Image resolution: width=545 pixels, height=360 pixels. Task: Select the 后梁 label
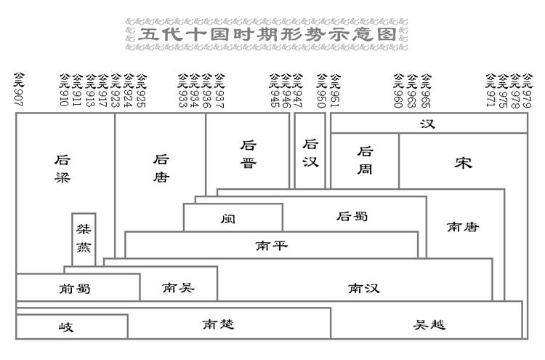pos(63,169)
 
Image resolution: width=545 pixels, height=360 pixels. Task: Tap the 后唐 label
pos(161,169)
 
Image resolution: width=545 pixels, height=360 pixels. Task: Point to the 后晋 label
pos(249,155)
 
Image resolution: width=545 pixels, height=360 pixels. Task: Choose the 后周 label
pos(366,161)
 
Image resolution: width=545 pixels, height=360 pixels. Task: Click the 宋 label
pos(463,163)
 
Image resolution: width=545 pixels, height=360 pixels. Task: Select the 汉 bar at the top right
pos(428,124)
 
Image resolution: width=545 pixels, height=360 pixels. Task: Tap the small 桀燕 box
pos(84,239)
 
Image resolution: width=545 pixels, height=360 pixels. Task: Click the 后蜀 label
pos(353,216)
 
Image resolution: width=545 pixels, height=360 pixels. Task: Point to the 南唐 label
pos(463,227)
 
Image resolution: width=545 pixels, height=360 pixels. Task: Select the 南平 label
pos(271,245)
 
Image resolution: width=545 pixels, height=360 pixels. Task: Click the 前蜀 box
pos(76,288)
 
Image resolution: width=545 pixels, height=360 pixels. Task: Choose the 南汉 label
pos(363,289)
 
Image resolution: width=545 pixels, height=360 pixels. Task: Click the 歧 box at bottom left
pos(67,327)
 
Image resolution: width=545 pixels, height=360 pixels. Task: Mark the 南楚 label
pos(218,324)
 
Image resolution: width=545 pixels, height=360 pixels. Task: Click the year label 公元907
pos(20,89)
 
